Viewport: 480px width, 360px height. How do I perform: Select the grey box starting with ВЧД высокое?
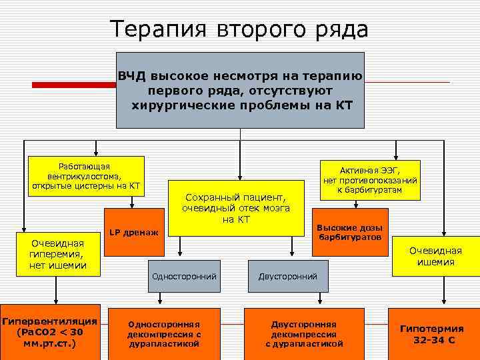coord(240,90)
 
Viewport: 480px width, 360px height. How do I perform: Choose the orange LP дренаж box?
coord(134,233)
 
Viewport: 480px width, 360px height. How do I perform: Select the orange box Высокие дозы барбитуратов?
coord(349,233)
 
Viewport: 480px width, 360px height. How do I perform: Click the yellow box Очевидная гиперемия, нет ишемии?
coord(56,255)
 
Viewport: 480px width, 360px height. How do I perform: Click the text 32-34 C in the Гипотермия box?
coord(432,340)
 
